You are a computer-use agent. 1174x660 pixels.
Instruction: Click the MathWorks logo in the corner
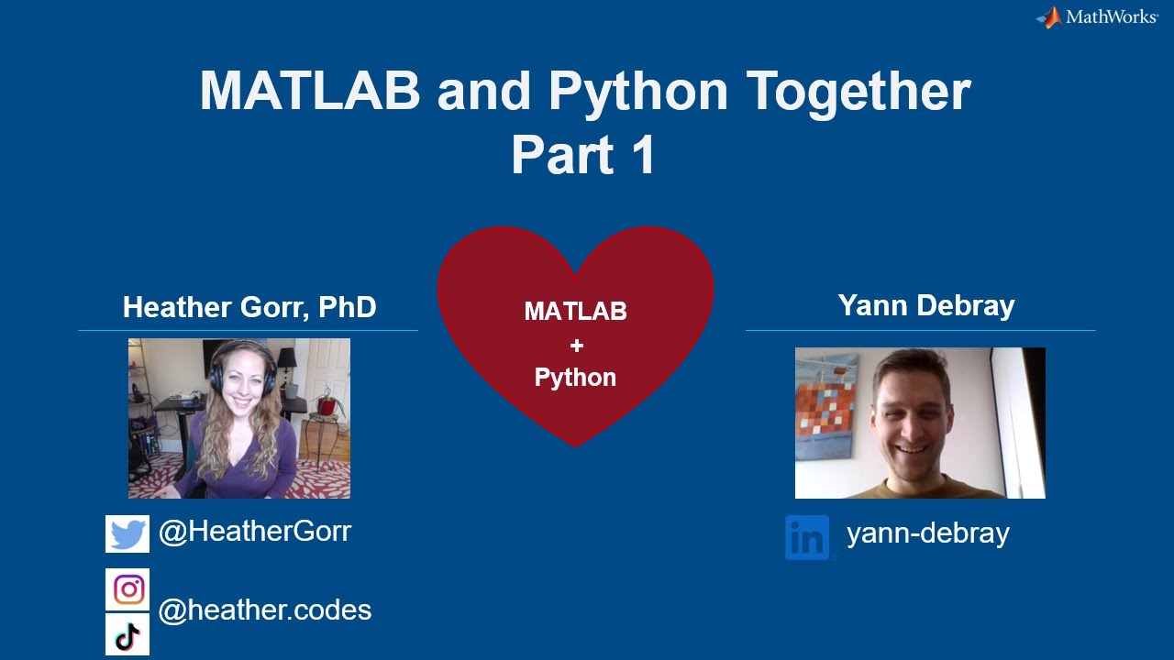[1097, 16]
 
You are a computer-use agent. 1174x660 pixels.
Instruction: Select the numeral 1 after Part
[642, 155]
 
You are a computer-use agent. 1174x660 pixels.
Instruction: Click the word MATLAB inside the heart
[575, 312]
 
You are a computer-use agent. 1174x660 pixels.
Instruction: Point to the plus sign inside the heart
[576, 346]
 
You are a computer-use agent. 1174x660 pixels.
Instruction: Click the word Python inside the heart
[575, 378]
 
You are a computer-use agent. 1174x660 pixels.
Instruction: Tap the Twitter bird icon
[127, 533]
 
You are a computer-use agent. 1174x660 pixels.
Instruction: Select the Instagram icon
[128, 589]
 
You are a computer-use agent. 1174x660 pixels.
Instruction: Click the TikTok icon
[127, 634]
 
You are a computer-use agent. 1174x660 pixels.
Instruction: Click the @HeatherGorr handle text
[255, 532]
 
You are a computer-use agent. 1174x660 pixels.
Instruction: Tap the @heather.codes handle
[265, 610]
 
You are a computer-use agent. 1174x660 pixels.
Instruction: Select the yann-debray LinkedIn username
[927, 533]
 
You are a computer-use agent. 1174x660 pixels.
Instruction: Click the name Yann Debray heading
[926, 306]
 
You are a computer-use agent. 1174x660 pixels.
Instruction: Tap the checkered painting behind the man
[825, 403]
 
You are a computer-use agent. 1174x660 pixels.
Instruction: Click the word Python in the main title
[639, 91]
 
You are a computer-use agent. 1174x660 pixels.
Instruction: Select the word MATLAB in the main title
[310, 91]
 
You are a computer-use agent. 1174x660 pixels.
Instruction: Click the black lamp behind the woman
[287, 359]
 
